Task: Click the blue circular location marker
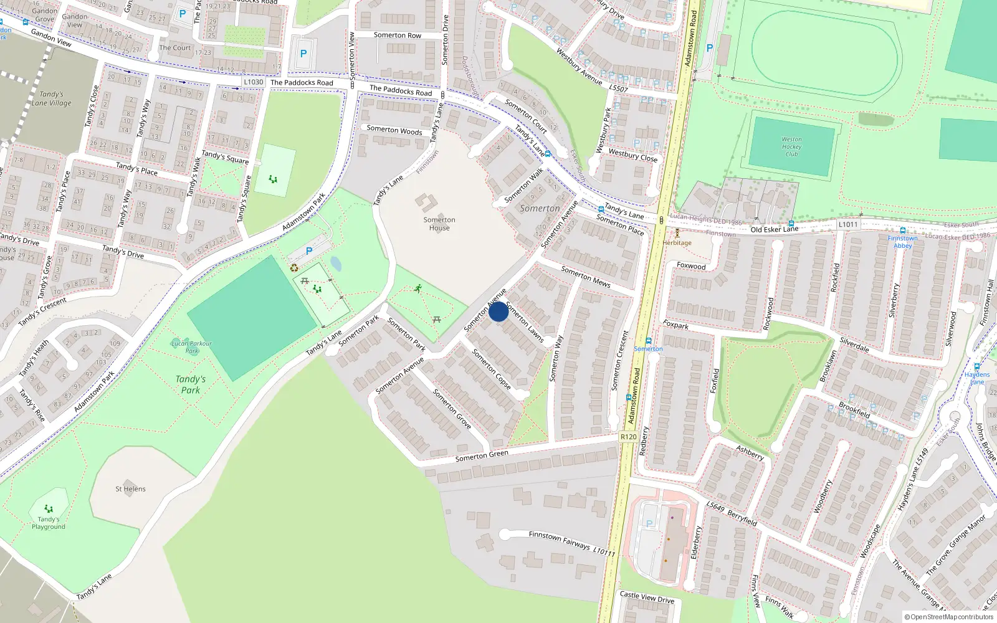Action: pyautogui.click(x=499, y=311)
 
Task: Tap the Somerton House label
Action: pyautogui.click(x=439, y=224)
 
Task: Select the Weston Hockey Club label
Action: pyautogui.click(x=791, y=146)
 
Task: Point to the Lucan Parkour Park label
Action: pyautogui.click(x=191, y=347)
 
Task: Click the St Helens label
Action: pyautogui.click(x=130, y=489)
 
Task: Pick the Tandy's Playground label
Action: pyautogui.click(x=49, y=523)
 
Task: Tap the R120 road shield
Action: pyautogui.click(x=629, y=437)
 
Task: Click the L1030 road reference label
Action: pyautogui.click(x=253, y=82)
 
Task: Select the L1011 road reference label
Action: pyautogui.click(x=847, y=224)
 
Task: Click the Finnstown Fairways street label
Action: pyautogui.click(x=559, y=541)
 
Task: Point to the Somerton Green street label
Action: pyautogui.click(x=482, y=455)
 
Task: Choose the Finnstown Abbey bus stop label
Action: pyautogui.click(x=902, y=242)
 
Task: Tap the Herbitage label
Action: pyautogui.click(x=677, y=242)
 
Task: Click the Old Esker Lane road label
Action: pyautogui.click(x=774, y=229)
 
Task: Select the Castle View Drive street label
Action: pyautogui.click(x=647, y=597)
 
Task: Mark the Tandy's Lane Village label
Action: pyautogui.click(x=52, y=98)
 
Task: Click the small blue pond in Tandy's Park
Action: pyautogui.click(x=335, y=264)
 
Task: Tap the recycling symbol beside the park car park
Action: pyautogui.click(x=294, y=268)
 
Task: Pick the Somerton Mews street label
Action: pyautogui.click(x=586, y=277)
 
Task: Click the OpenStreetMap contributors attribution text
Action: pyautogui.click(x=949, y=617)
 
